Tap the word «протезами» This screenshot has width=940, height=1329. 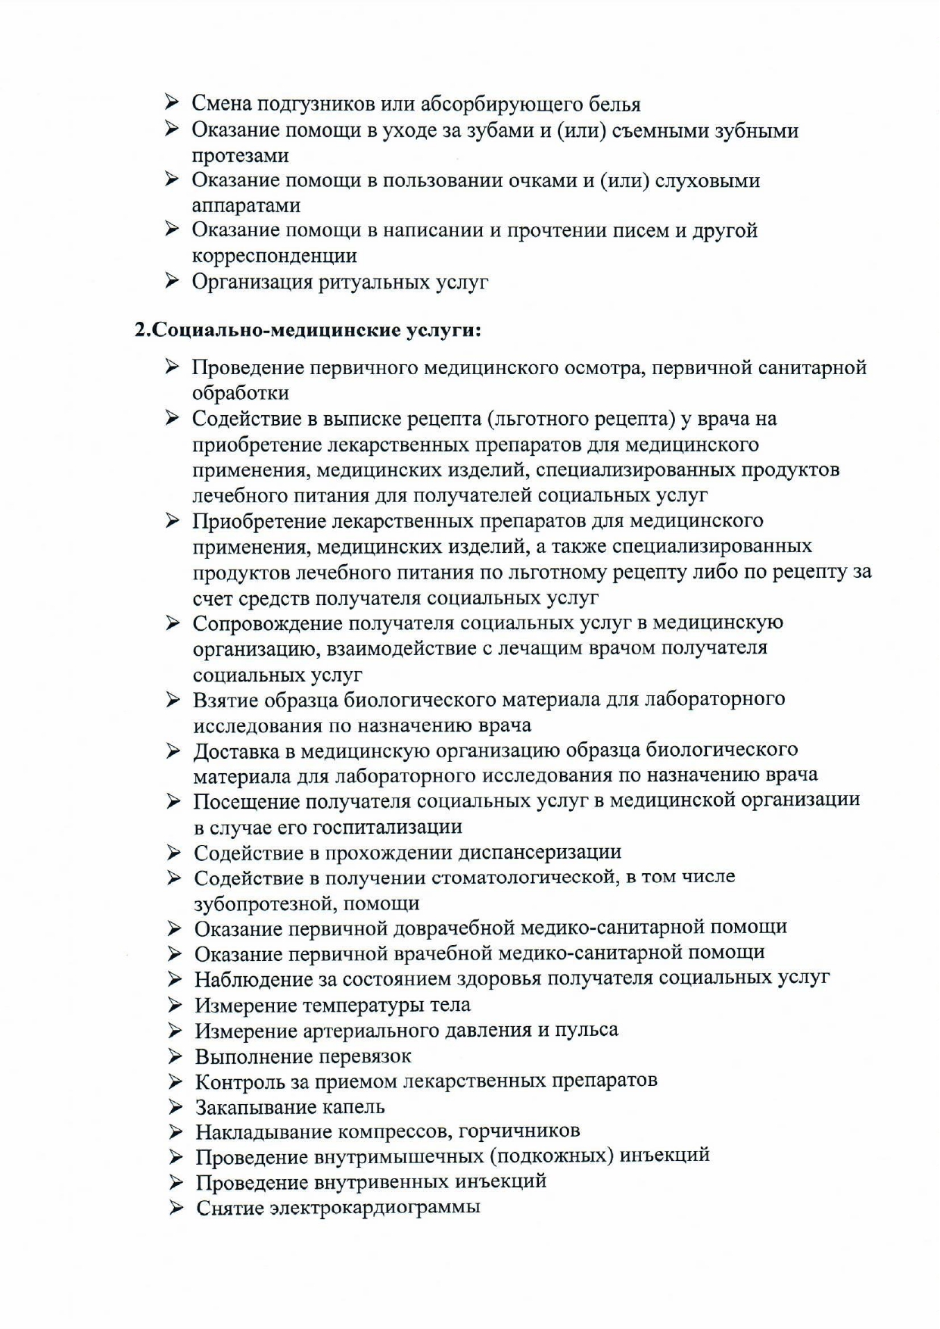point(240,156)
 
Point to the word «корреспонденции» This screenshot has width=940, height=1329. point(274,256)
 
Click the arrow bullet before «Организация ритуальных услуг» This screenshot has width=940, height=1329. point(172,282)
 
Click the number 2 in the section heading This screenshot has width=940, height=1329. point(139,330)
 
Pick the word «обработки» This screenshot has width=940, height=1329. point(241,394)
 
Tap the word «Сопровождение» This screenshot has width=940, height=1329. point(267,623)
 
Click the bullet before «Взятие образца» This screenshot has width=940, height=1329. point(173,700)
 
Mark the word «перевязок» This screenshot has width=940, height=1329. point(362,1056)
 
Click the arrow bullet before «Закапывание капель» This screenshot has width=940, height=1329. point(176,1108)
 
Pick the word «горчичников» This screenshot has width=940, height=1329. point(519,1131)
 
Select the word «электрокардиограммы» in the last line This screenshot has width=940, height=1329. point(375,1208)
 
